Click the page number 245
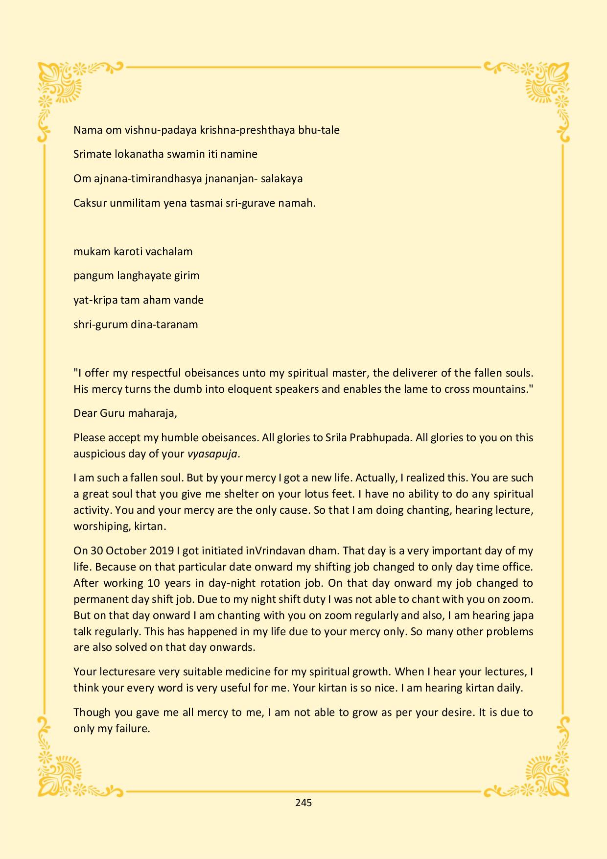click(x=303, y=802)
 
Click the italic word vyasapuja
click(x=212, y=453)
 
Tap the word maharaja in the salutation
click(x=151, y=413)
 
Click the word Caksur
click(x=90, y=203)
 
